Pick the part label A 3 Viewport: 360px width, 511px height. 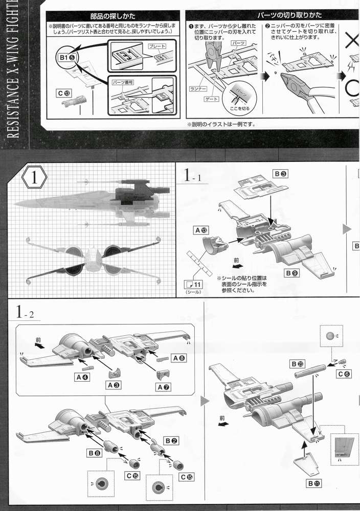click(114, 384)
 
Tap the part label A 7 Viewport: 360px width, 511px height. click(164, 387)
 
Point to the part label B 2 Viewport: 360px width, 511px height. click(171, 440)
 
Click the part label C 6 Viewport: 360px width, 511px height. click(344, 374)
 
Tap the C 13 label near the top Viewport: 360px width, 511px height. click(64, 93)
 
